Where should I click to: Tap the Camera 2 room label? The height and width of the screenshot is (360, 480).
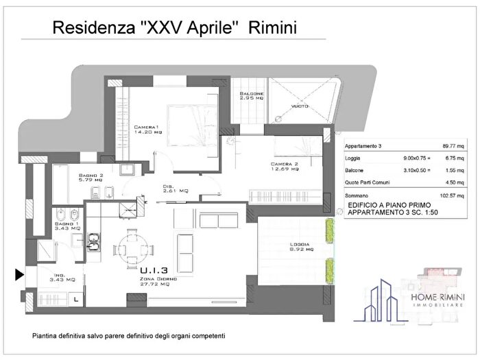(284, 167)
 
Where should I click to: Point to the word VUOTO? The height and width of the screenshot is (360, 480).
(300, 106)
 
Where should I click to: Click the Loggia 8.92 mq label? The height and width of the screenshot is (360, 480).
(299, 248)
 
